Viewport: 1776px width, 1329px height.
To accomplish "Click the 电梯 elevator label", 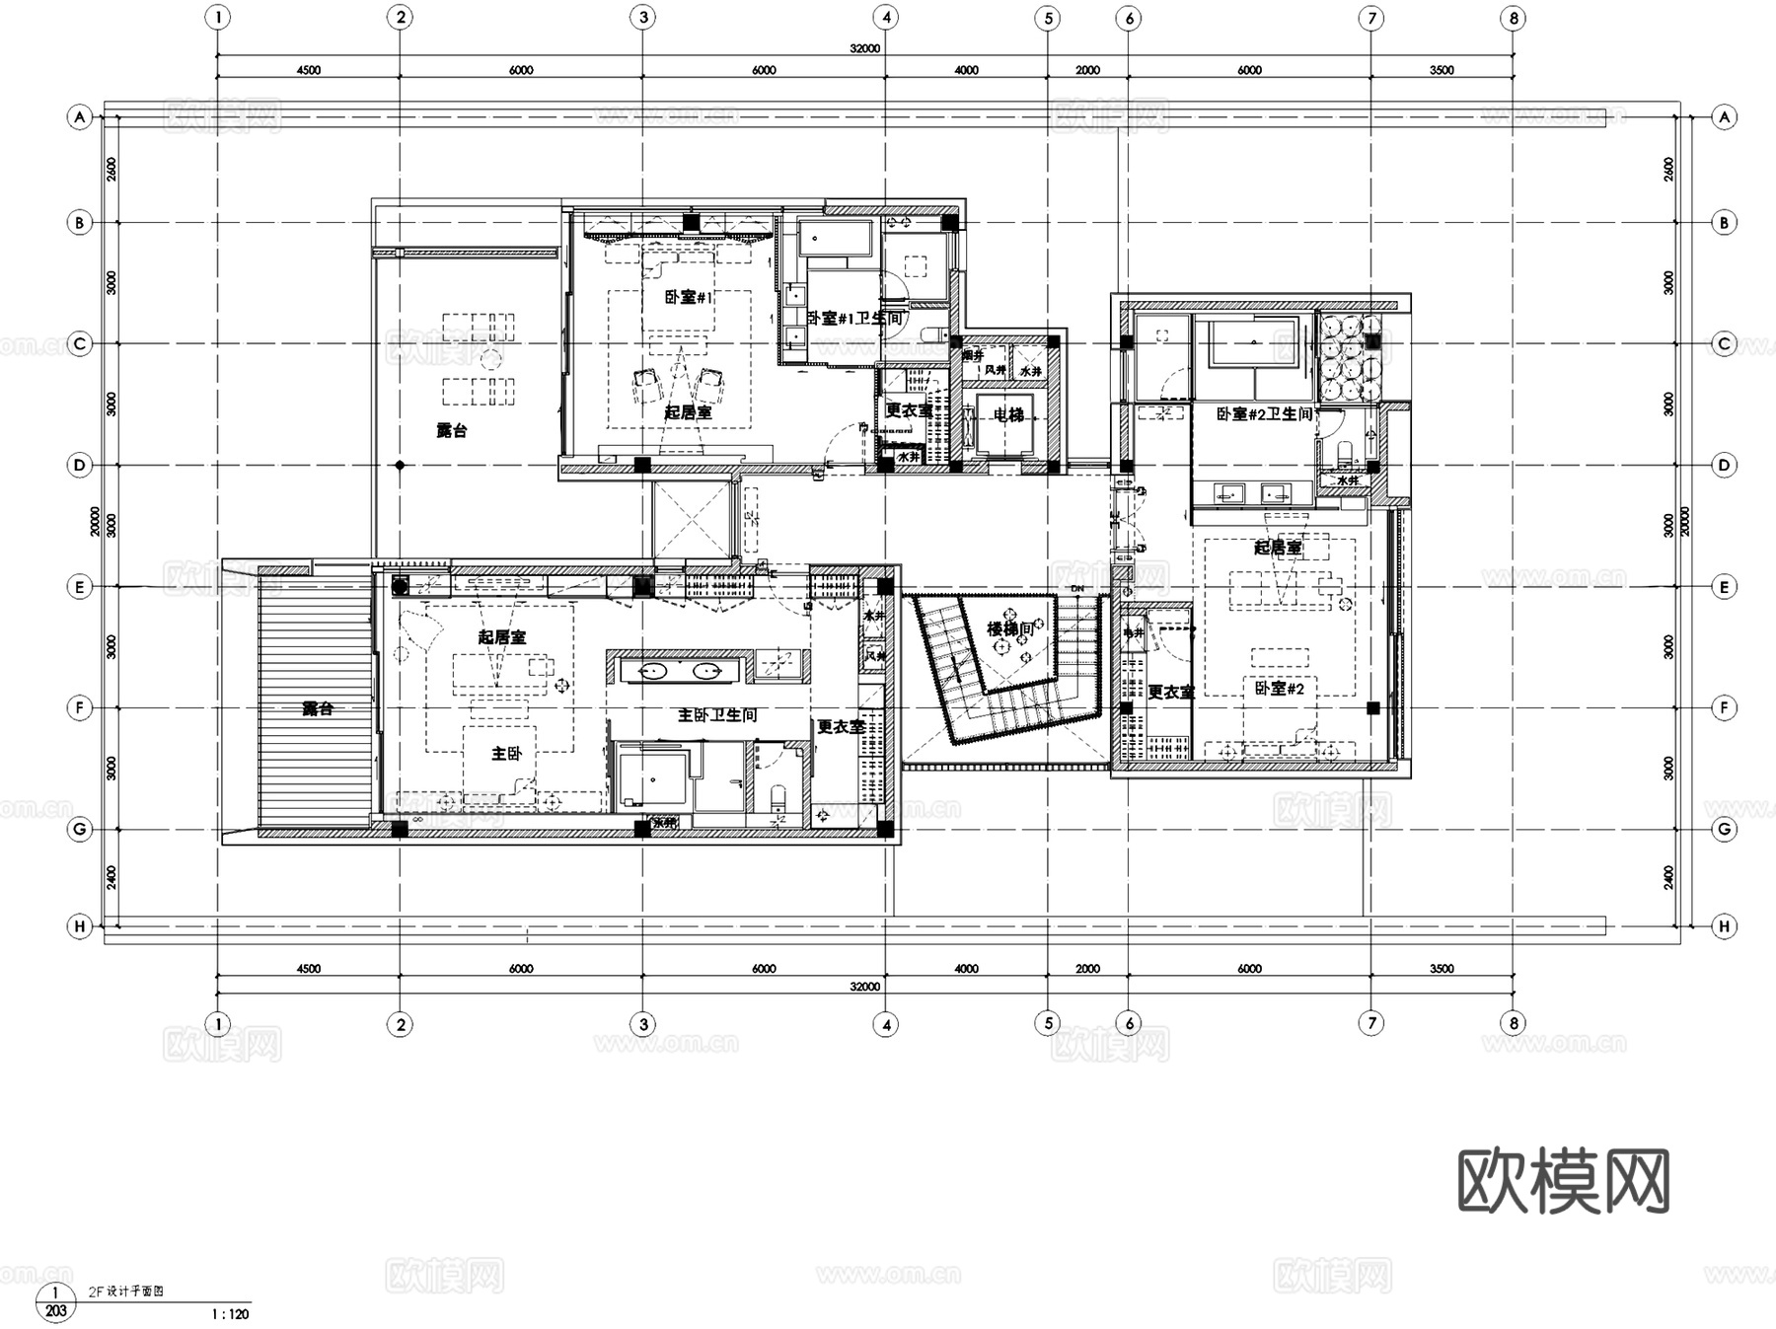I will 1007,415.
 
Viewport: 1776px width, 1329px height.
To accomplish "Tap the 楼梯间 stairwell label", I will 1010,628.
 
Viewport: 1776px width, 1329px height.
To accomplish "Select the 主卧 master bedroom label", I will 506,753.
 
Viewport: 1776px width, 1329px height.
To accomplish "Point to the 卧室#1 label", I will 688,297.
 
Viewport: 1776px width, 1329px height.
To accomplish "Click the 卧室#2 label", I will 1280,688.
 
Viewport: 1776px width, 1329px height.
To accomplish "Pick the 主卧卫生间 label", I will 717,714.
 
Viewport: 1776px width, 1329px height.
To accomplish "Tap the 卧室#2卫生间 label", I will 1264,414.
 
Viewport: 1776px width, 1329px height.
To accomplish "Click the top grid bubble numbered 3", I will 643,17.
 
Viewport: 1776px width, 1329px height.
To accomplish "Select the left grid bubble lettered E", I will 80,587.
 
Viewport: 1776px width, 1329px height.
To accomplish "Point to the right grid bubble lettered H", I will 1724,926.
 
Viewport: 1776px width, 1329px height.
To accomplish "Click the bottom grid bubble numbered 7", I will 1370,1023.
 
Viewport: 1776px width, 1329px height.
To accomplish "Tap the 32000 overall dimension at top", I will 864,48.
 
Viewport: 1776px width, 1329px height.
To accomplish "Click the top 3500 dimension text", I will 1442,70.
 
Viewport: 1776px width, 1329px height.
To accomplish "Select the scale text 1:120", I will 230,1314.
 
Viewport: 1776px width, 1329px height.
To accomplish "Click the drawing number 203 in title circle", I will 56,1311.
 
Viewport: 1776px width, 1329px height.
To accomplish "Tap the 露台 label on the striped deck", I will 317,708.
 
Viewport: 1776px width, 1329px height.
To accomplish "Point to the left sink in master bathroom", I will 652,672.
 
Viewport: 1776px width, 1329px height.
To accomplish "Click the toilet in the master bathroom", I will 777,795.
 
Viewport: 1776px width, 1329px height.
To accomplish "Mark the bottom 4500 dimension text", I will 308,969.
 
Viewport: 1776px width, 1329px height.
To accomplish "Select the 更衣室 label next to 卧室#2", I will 1170,693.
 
